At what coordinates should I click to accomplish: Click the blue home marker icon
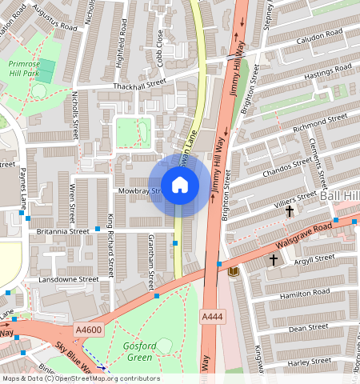180,186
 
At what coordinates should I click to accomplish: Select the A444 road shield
212,318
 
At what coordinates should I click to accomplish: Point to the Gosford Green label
138,351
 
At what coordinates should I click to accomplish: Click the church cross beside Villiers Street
290,212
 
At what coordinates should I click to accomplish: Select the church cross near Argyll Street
273,260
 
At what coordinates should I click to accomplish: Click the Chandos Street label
290,166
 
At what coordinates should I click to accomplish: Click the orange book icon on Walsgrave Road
234,273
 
